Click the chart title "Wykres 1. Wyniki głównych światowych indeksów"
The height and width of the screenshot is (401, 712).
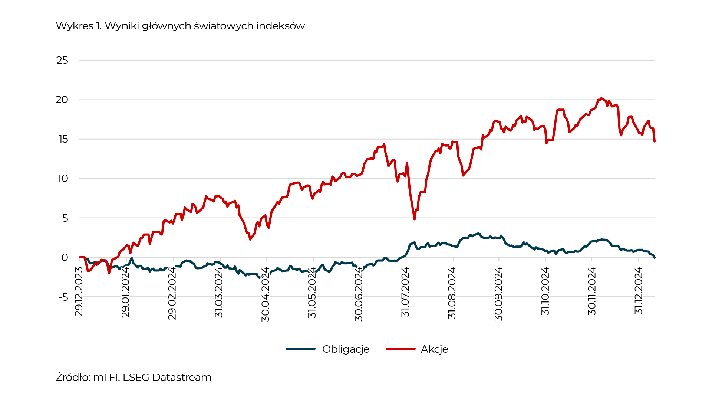180,26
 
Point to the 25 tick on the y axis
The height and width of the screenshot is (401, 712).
62,61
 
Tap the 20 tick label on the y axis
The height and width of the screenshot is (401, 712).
62,100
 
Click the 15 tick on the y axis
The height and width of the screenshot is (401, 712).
63,139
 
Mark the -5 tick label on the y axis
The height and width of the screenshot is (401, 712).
63,297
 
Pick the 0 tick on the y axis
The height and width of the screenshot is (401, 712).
65,258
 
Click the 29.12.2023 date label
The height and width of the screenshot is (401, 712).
79,291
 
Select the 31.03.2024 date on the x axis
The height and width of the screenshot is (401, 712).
219,292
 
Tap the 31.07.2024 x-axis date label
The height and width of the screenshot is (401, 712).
405,292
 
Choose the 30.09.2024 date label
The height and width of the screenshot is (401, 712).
499,294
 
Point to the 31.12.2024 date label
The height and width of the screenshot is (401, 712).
638,291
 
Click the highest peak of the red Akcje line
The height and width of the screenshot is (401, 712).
601,98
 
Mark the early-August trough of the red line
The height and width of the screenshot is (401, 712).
415,219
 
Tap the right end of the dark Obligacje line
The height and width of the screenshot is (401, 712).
655,257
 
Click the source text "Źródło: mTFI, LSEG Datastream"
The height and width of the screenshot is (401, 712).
133,378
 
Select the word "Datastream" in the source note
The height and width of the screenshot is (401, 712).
182,378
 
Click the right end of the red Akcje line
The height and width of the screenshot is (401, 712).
655,141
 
